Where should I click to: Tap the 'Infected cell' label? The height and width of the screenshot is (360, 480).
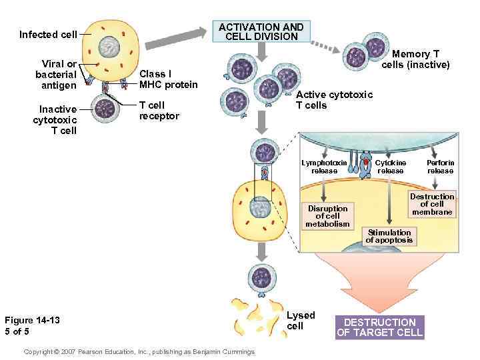coord(48,35)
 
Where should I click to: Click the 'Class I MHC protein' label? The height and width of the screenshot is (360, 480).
coord(168,79)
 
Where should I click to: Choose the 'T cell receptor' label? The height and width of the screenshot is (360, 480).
coord(159,111)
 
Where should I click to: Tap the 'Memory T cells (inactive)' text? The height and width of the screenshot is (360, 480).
coord(415,59)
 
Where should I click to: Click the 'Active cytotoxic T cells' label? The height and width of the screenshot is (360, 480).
coord(334,100)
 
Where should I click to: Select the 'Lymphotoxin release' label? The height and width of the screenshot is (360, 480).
coord(324,167)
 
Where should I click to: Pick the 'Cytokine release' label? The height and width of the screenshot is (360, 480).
coord(390,167)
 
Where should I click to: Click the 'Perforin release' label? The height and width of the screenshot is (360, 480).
coord(440,167)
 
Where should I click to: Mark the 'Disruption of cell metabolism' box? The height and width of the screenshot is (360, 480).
coord(327,216)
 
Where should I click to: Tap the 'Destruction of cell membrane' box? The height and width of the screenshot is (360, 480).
coord(431,205)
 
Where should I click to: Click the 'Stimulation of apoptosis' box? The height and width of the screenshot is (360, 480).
coord(389,236)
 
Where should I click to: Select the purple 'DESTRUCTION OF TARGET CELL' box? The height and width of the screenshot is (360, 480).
coord(379,327)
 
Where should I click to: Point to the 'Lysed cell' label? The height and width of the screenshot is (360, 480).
coord(300,320)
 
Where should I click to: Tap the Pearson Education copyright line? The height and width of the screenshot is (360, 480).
coord(139,351)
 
